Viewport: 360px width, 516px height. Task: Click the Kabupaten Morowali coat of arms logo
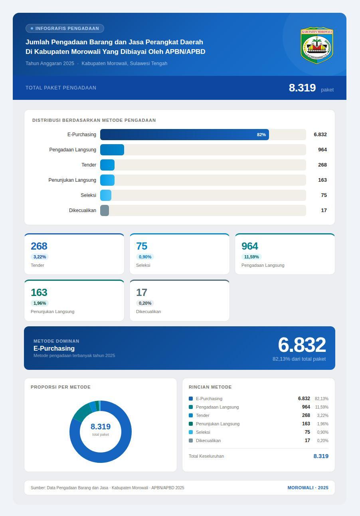317,45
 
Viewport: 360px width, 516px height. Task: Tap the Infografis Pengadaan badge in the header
65,28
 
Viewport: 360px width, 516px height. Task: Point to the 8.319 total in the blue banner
302,88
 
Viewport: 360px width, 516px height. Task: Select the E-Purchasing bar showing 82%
184,135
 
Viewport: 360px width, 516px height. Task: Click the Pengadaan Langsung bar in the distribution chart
112,150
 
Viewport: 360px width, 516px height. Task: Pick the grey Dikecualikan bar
105,210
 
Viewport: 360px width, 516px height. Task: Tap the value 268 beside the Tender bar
322,165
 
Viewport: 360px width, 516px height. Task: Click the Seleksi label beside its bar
88,195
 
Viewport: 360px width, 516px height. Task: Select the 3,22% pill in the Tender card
40,257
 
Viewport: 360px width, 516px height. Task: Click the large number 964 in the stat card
250,246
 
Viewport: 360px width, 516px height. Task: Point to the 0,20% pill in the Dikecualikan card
145,303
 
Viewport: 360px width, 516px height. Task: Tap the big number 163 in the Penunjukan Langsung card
39,292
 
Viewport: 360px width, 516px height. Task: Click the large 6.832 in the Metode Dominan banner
302,345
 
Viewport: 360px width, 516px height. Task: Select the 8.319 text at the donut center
101,427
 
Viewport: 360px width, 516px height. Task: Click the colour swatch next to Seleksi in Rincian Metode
191,432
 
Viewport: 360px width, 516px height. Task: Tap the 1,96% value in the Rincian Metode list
322,424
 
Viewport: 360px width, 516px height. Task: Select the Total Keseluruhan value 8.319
321,456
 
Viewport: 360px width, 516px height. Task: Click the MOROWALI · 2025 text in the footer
308,488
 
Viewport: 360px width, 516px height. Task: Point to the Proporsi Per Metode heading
61,387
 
